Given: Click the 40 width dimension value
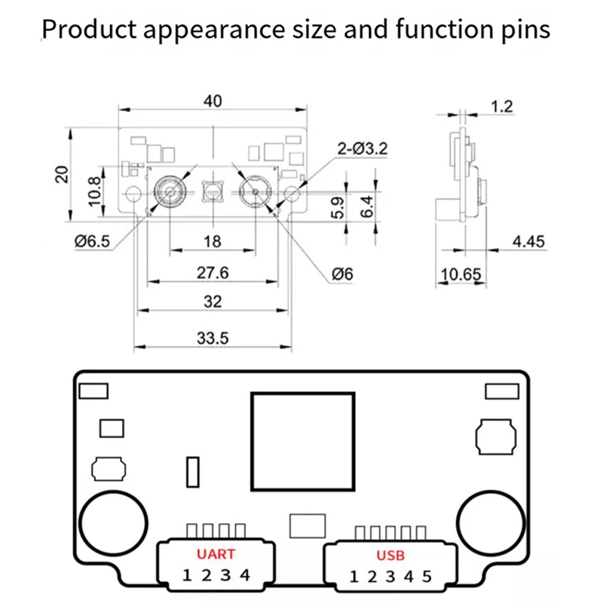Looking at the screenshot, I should point(213,101).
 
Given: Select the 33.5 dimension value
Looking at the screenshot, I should point(213,338).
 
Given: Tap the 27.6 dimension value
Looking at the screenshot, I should point(213,272).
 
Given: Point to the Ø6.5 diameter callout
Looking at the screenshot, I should point(92,241).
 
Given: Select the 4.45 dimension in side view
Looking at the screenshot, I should point(528,242).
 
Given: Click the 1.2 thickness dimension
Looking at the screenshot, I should point(501,107).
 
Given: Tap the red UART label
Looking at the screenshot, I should point(216,554).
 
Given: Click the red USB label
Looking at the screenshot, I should point(390,556).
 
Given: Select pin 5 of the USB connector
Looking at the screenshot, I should point(426,577).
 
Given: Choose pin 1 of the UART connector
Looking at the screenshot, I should point(187,576).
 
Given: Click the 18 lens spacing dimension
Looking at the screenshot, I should point(213,241).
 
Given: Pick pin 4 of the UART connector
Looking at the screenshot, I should point(243,576).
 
